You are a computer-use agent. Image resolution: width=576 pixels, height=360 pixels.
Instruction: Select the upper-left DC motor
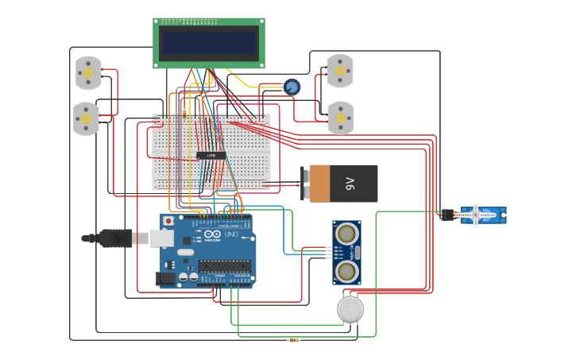click(x=88, y=72)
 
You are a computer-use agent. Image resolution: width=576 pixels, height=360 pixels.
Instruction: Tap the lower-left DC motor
click(x=86, y=118)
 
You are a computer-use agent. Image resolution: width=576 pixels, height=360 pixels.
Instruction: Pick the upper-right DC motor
click(x=340, y=71)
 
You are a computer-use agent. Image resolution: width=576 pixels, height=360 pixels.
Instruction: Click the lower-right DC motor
click(x=340, y=118)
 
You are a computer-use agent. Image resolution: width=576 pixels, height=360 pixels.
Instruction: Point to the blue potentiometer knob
click(x=292, y=87)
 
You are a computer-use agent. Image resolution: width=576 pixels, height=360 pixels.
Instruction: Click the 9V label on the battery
click(x=350, y=184)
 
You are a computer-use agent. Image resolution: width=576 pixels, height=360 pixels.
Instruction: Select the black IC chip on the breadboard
click(x=211, y=155)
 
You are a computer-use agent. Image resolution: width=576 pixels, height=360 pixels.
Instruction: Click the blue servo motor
click(x=481, y=215)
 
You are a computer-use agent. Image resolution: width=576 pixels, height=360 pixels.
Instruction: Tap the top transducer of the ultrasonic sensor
click(x=346, y=234)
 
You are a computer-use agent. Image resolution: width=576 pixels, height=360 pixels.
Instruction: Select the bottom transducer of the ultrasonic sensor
click(x=346, y=272)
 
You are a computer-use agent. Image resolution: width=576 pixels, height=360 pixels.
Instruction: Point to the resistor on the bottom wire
click(x=294, y=340)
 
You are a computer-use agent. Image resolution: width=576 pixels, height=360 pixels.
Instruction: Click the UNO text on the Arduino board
click(x=230, y=235)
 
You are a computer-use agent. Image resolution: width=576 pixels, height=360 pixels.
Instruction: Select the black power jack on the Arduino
click(x=166, y=278)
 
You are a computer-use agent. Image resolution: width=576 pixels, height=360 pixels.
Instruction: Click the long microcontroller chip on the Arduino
click(x=226, y=266)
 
